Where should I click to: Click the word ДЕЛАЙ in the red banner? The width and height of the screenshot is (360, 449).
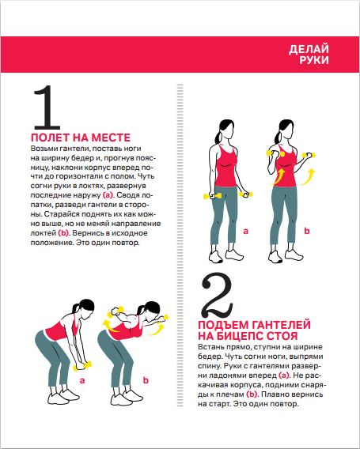pos(309,49)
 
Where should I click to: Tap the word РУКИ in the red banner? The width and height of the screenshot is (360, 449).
pos(314,60)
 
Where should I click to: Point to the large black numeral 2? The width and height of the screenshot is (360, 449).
pos(218,296)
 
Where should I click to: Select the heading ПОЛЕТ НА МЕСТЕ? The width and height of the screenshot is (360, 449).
pos(81,138)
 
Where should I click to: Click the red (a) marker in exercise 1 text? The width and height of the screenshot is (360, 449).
pos(108,195)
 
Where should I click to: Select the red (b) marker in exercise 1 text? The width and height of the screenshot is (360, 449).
pos(63,233)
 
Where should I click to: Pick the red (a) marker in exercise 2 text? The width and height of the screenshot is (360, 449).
pos(284,375)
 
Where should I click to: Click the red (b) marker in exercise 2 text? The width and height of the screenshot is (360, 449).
pos(252,394)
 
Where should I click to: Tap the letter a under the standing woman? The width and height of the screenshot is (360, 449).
pos(245,232)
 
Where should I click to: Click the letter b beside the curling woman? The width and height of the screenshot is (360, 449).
pos(307,231)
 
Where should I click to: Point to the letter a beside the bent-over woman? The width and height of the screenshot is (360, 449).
pos(82,381)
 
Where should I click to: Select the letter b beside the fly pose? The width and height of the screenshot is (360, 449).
pos(146,380)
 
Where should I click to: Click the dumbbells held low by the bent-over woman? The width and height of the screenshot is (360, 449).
pos(82,366)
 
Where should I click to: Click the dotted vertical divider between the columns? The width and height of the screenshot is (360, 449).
pos(180,245)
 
